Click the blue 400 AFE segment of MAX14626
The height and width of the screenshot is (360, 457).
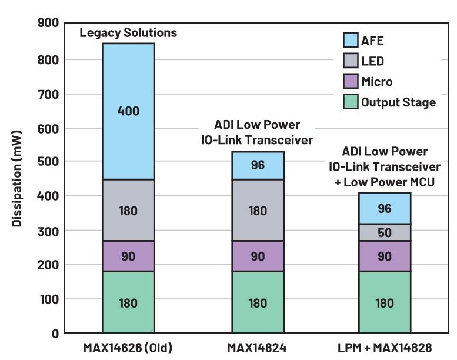(128, 111)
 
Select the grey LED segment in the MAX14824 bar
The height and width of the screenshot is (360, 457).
(258, 210)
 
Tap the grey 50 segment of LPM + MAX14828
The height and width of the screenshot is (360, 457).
(385, 232)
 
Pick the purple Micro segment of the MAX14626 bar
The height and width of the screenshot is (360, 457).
(128, 256)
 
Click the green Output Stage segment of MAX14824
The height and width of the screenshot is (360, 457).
(258, 302)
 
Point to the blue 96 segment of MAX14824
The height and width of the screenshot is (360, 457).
(258, 165)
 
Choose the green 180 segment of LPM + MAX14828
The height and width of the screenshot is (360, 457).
(385, 302)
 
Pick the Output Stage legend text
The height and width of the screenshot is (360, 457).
(398, 102)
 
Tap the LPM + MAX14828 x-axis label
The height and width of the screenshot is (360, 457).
(385, 348)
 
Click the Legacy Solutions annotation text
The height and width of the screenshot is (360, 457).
(128, 33)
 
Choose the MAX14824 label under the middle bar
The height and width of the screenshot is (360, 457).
(258, 348)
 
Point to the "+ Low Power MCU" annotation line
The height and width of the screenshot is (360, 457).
(385, 182)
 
